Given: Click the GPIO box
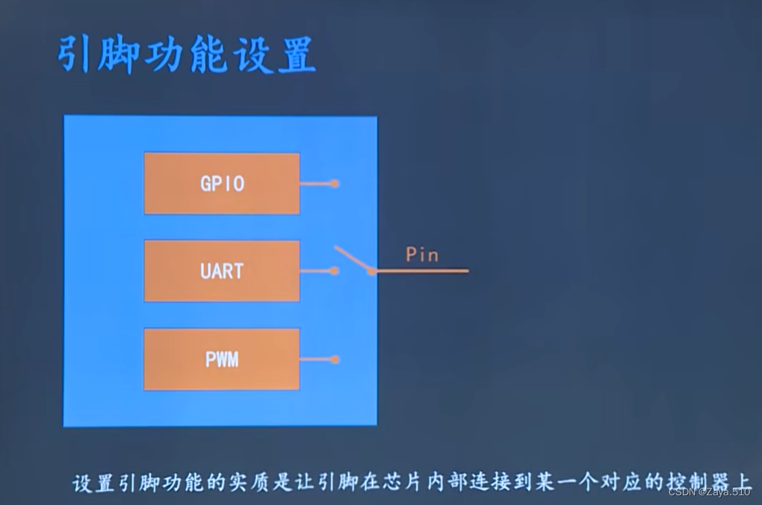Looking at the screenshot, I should tap(222, 184).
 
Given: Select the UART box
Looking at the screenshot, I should tap(222, 270).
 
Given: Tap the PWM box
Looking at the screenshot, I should tap(222, 359).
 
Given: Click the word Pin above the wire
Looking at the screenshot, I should tap(422, 255).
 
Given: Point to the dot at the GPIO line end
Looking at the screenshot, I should tap(335, 183).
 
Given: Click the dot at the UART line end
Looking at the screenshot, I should tap(335, 270).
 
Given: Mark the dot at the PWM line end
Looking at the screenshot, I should tap(335, 359).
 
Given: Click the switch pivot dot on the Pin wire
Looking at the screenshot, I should tap(371, 271).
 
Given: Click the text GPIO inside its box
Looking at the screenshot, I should tap(222, 184).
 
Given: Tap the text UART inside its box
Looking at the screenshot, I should tap(222, 270).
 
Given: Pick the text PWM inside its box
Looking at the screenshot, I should tap(222, 359).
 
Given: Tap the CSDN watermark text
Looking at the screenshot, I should tap(709, 492).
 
